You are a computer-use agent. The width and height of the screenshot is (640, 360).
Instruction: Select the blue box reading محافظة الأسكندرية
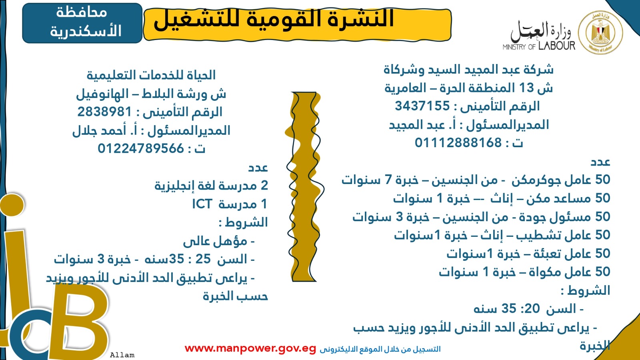[82, 23]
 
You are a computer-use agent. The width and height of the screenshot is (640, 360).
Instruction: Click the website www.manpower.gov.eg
[250, 349]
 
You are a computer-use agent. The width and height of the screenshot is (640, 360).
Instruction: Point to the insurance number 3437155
[422, 106]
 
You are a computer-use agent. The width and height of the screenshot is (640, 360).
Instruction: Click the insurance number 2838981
[105, 112]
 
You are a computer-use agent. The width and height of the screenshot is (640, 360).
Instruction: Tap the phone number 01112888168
[458, 143]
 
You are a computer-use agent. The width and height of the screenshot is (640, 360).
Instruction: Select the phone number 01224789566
[141, 149]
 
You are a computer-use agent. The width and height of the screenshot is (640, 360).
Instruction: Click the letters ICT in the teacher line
[202, 204]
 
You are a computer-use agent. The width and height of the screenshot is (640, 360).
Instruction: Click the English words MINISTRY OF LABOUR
[538, 46]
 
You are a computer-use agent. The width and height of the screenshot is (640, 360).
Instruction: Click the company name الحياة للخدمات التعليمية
[151, 75]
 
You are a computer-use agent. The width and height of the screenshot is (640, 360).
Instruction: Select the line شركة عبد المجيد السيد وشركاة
[468, 70]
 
